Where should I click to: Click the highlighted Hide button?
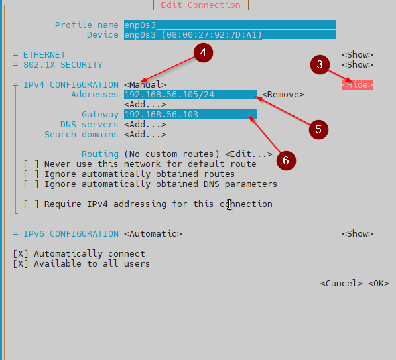[358, 85]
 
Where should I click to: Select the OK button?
[378, 284]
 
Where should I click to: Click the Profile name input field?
[230, 25]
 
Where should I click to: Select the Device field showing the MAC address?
[230, 35]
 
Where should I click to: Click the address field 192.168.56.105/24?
[190, 94]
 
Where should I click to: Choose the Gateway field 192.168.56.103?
[190, 114]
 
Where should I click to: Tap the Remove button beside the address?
[283, 95]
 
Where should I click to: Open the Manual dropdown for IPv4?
[145, 85]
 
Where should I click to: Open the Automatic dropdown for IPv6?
[153, 234]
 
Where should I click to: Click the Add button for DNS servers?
[145, 125]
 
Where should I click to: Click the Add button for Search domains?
[145, 135]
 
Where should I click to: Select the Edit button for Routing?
[249, 154]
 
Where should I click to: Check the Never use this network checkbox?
[31, 164]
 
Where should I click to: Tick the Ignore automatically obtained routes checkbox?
[31, 174]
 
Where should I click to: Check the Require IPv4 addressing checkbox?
[31, 204]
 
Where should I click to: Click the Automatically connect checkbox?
[21, 254]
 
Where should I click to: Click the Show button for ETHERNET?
[358, 55]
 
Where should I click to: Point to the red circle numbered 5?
[318, 129]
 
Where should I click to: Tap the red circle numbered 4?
[203, 53]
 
